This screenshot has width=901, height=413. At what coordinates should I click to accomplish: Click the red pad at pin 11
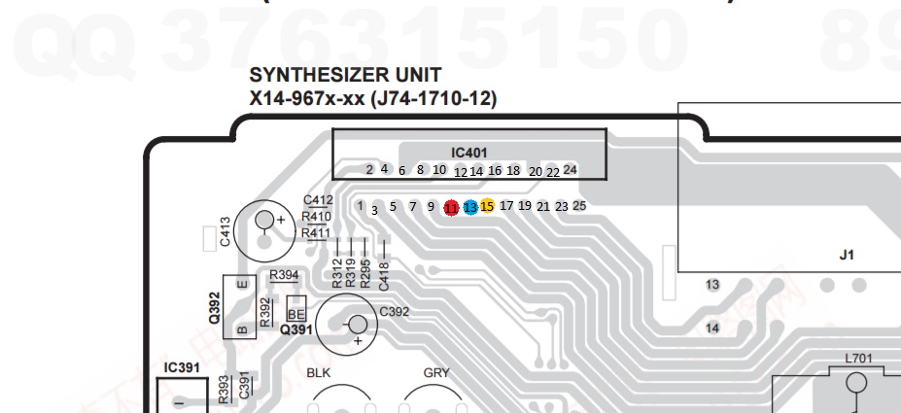pos(451,207)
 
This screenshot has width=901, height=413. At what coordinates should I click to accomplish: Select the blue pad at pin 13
pos(469,207)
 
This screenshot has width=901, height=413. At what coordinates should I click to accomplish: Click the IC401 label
pos(469,153)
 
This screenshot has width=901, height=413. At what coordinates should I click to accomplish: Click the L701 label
pos(858,359)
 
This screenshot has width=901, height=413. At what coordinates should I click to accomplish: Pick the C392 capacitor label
pos(394,312)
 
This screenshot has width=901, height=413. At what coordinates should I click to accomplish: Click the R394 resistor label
pos(284,276)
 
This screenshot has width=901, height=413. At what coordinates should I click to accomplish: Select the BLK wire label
pos(320,372)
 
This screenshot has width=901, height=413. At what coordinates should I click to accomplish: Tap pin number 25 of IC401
pos(579,205)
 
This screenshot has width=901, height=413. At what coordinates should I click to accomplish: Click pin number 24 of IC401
pos(571,169)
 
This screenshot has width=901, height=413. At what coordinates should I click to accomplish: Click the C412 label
pos(318,201)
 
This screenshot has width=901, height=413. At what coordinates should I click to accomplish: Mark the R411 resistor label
pos(315,232)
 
